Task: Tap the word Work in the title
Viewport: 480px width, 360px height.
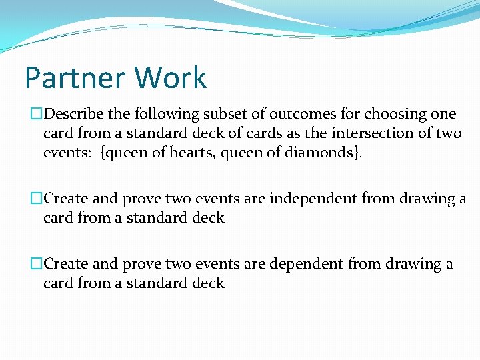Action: [x=171, y=78]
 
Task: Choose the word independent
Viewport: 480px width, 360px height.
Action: [x=303, y=199]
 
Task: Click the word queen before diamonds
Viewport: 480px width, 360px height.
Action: [x=247, y=153]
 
